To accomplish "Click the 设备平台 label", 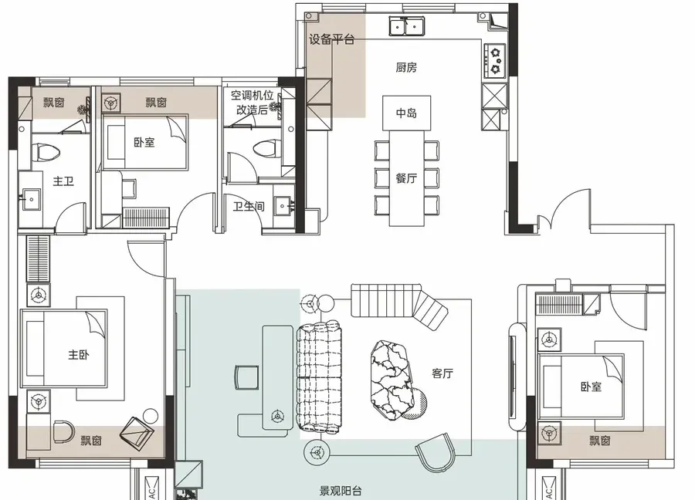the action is pyautogui.click(x=331, y=39).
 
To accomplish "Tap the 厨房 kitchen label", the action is pyautogui.click(x=406, y=67).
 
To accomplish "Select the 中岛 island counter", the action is pyautogui.click(x=406, y=113).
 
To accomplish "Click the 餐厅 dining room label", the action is pyautogui.click(x=406, y=178).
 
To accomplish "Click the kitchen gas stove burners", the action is pyautogui.click(x=496, y=59).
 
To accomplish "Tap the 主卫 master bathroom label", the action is pyautogui.click(x=63, y=181).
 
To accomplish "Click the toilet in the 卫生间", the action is pyautogui.click(x=268, y=149).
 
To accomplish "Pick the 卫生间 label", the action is pyautogui.click(x=249, y=206).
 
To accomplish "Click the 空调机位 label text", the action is pyautogui.click(x=253, y=95).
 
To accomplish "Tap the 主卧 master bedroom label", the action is pyautogui.click(x=79, y=355).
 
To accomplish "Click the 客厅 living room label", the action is pyautogui.click(x=442, y=373).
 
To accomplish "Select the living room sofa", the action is pyautogui.click(x=319, y=377).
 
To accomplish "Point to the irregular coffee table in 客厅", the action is pyautogui.click(x=394, y=380).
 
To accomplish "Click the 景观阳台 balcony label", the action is pyautogui.click(x=341, y=491).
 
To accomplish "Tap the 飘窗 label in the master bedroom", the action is pyautogui.click(x=91, y=441).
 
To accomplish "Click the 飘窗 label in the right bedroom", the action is pyautogui.click(x=600, y=441).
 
